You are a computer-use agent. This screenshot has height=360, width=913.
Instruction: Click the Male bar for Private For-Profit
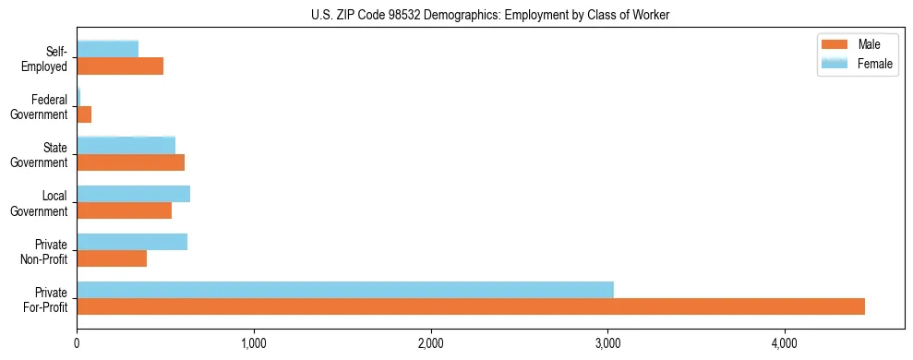(471, 306)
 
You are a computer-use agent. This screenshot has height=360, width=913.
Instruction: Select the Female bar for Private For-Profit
(345, 290)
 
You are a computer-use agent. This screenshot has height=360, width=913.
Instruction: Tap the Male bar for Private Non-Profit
(112, 258)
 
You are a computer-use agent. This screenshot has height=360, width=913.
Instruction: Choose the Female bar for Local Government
(133, 194)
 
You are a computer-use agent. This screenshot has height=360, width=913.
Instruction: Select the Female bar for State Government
(126, 146)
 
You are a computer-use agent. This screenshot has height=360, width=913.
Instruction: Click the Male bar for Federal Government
(84, 114)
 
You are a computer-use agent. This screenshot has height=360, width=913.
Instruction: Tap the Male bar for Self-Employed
(120, 66)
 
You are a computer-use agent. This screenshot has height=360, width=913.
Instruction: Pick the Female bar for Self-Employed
(107, 49)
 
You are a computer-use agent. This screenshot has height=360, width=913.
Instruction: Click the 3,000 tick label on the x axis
(607, 344)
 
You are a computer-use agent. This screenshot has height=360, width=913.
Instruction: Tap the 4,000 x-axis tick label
(785, 344)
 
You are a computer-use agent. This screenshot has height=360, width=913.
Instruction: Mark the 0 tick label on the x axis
(77, 344)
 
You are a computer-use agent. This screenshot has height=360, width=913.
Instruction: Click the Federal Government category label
(40, 107)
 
